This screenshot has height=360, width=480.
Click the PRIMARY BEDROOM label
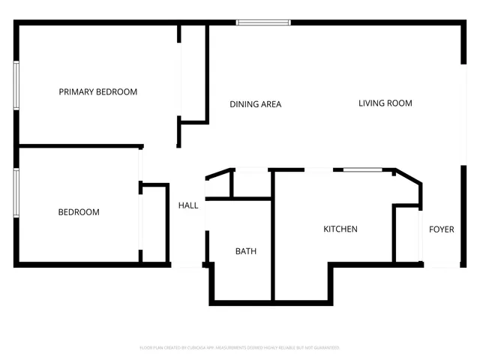click(98, 92)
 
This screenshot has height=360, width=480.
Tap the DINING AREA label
click(255, 104)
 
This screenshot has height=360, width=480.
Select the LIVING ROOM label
click(385, 103)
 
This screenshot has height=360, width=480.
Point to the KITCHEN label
click(340, 229)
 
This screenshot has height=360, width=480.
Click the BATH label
click(245, 251)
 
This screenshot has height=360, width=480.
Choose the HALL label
click(187, 205)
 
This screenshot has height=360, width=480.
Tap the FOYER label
click(441, 229)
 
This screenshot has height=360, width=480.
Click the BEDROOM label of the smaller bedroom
click(79, 212)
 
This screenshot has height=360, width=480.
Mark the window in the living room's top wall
click(263, 22)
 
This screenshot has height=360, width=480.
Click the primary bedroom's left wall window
click(16, 85)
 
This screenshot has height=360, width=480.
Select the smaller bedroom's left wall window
click(16, 193)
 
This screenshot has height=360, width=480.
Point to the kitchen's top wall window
click(363, 170)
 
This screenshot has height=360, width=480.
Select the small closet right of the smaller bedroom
click(154, 223)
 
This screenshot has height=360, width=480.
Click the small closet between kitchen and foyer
click(407, 232)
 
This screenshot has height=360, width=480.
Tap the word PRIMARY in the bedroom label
click(76, 92)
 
